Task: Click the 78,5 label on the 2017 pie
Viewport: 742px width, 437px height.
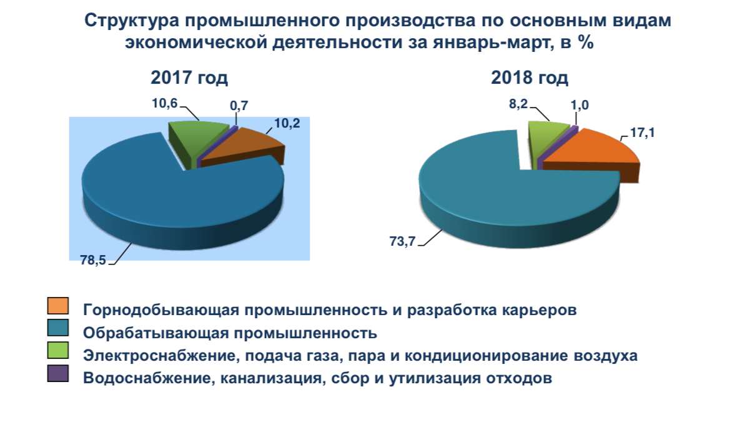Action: point(93,260)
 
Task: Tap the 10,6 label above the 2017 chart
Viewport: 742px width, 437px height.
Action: point(164,103)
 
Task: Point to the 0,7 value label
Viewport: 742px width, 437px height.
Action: point(239,106)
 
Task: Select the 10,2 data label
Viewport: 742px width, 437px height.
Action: point(287,123)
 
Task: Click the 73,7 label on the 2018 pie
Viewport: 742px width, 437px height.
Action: point(402,241)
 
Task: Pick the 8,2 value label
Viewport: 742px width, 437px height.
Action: point(518,104)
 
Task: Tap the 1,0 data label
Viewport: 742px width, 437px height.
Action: point(580,105)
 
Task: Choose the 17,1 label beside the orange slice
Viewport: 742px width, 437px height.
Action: point(643,133)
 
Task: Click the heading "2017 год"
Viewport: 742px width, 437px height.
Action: point(189,78)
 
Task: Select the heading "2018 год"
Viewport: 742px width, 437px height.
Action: point(530,78)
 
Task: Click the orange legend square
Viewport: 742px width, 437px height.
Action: point(57,306)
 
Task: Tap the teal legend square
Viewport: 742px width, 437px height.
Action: point(57,328)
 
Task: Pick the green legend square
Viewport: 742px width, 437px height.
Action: point(57,351)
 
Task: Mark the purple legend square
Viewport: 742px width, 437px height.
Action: point(57,374)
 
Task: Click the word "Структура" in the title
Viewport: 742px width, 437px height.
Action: point(131,21)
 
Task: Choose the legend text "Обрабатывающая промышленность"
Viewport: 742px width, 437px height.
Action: point(230,333)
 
